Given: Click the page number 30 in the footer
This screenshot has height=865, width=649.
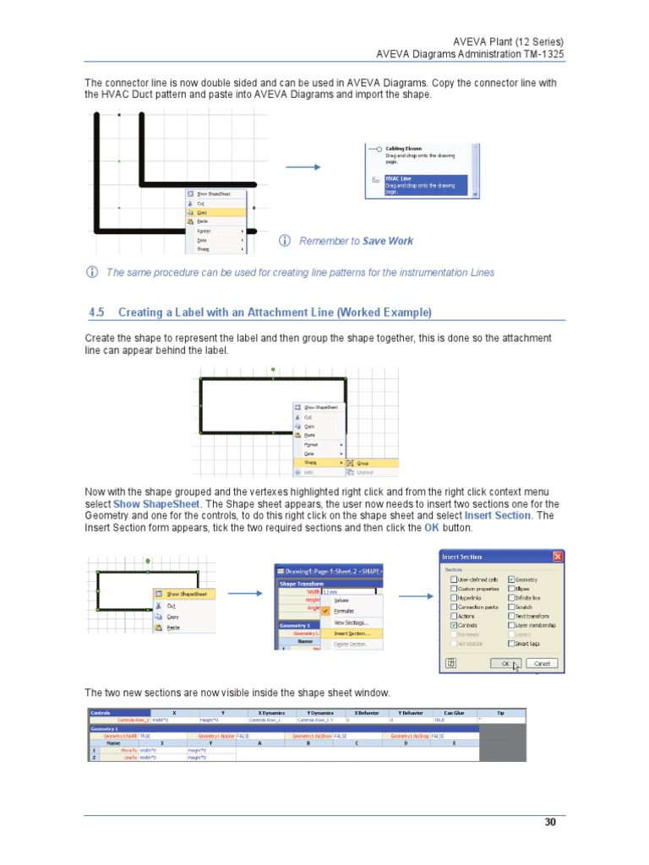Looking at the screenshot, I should [550, 822].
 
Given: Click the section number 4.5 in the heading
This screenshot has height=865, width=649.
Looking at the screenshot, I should [95, 313].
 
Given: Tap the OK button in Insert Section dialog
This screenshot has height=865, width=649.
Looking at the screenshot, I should [506, 663].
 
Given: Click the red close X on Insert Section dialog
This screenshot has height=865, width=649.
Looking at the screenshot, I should [558, 557].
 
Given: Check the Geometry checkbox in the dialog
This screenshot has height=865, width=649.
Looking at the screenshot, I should [511, 579].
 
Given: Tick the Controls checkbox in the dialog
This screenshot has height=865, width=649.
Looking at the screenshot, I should [454, 625].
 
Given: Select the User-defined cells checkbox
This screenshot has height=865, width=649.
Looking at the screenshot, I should [454, 579].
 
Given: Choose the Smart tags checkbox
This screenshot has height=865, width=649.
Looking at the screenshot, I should [511, 643].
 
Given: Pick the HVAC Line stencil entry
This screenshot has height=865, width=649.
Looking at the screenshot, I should [399, 178].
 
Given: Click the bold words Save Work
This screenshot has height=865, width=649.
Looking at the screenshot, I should [388, 241].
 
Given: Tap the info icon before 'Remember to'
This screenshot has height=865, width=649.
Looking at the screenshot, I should [285, 241].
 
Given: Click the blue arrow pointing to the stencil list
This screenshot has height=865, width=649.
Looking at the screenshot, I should [303, 167].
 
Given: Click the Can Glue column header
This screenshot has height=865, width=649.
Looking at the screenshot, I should [454, 712].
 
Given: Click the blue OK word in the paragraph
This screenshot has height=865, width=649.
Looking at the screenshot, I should [430, 527].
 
